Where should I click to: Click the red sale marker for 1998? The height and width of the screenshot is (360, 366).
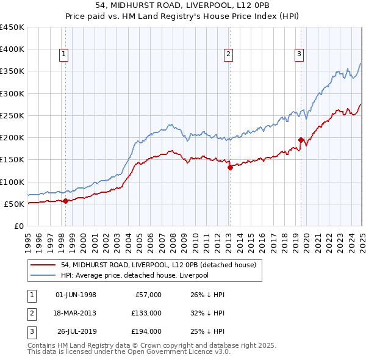pos(65,201)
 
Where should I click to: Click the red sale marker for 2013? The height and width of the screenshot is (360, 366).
pos(230,167)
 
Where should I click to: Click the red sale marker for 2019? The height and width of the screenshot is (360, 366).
pos(301,140)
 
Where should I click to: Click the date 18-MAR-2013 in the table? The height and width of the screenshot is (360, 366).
pos(76,313)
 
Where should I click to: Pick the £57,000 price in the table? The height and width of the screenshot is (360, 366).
pos(147,295)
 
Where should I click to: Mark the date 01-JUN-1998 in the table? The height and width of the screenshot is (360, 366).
pos(76,295)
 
